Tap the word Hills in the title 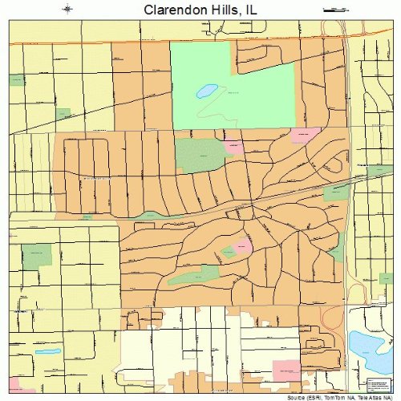[x=226, y=10]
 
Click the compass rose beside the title [x=67, y=10]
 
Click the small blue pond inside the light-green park [x=207, y=90]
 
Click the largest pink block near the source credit [x=286, y=371]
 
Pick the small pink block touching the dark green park [x=234, y=147]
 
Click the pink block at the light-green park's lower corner [x=304, y=135]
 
